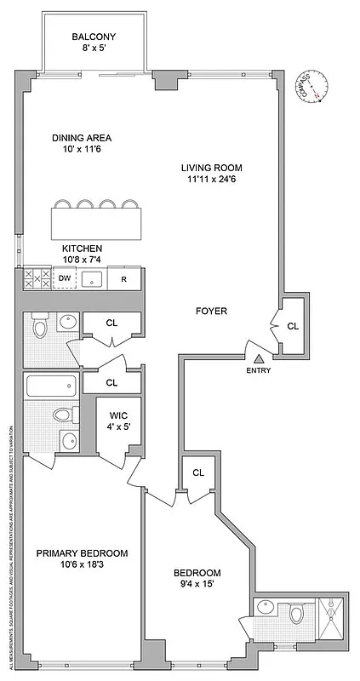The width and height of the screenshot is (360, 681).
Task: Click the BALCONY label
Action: coord(94,37)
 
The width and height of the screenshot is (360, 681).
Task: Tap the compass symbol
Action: coord(314,89)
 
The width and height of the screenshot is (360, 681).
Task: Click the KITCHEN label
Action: coord(83,248)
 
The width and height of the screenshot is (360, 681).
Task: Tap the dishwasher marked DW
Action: coord(65,278)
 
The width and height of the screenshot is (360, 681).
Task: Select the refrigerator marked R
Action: coord(123,278)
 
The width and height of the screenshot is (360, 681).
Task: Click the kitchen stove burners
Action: coord(37,278)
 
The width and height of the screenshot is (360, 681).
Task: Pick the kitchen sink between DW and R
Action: coord(94,278)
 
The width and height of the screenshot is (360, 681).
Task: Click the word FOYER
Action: coord(211,312)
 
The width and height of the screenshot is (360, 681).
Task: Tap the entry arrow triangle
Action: coord(259,357)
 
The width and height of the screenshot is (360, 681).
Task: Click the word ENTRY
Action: coord(259,370)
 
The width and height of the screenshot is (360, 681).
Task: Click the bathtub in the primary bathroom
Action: coord(51,386)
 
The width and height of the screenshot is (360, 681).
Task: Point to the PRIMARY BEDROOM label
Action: coord(82,553)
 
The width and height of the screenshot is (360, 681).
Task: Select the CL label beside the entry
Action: coord(293,325)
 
